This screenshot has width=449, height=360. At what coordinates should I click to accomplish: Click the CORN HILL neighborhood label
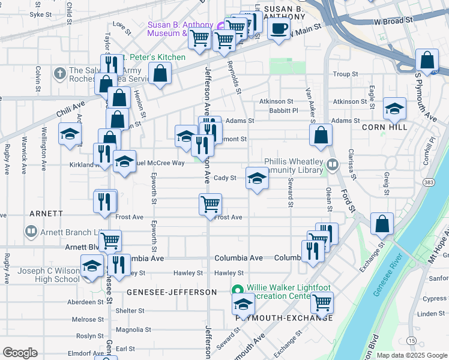tap(385, 127)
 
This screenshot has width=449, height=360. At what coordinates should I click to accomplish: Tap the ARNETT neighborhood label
tap(46, 214)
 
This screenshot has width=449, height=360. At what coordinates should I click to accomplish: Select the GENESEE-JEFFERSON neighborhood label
tap(172, 292)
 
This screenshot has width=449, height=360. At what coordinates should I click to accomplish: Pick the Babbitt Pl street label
tap(283, 110)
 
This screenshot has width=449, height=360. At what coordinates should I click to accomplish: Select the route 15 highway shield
tap(411, 341)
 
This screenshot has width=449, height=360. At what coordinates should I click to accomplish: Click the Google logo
tap(20, 353)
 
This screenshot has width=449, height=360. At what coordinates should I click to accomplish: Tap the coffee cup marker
tap(279, 29)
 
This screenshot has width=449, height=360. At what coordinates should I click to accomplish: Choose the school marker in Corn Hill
tap(394, 109)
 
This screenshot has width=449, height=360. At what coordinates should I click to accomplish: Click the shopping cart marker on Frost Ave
tap(211, 204)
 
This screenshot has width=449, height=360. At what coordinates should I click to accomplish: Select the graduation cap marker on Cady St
tap(256, 178)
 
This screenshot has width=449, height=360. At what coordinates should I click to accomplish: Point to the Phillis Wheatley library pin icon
tap(333, 164)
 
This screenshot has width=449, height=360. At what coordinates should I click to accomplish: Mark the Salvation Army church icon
tap(59, 74)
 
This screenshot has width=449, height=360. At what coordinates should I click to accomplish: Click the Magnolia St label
tap(133, 329)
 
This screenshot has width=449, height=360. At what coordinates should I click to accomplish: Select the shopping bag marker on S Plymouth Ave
tap(427, 61)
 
